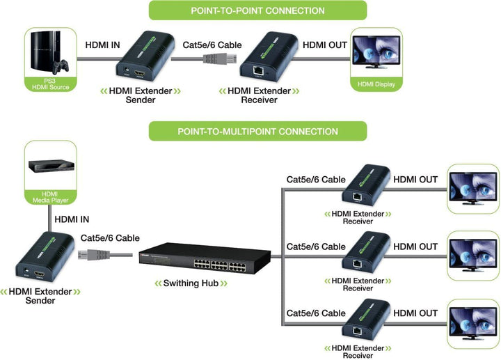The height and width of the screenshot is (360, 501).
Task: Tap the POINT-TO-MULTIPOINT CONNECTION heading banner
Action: (x=257, y=131)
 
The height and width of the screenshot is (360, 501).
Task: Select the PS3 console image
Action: (x=49, y=55)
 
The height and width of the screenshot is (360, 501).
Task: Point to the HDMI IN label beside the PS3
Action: (x=102, y=45)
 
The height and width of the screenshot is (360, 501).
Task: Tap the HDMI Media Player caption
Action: (x=50, y=196)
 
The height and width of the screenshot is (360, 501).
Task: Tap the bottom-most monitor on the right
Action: (x=473, y=323)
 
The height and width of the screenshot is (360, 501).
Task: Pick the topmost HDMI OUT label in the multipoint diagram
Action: (x=415, y=180)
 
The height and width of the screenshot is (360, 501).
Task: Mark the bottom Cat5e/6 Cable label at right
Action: (x=316, y=313)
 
